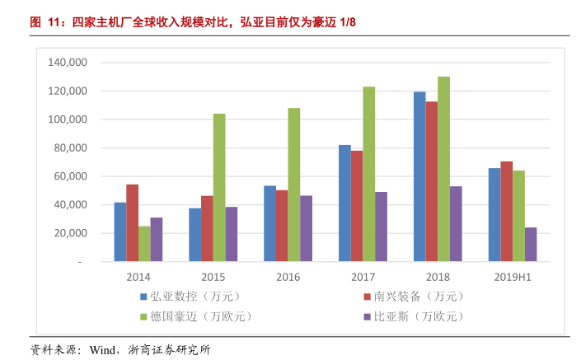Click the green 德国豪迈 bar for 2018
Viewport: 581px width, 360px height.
443,169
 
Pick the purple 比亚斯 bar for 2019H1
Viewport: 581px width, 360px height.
531,245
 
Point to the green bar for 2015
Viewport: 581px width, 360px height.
219,187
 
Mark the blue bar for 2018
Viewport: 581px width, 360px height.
419,176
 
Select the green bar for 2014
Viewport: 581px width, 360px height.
144,244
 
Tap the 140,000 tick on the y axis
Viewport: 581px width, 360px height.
68,63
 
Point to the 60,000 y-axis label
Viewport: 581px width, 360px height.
72,176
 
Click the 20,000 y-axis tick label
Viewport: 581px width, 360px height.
72,233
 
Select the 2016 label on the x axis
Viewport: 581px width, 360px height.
288,278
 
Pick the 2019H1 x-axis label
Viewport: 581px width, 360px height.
512,278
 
